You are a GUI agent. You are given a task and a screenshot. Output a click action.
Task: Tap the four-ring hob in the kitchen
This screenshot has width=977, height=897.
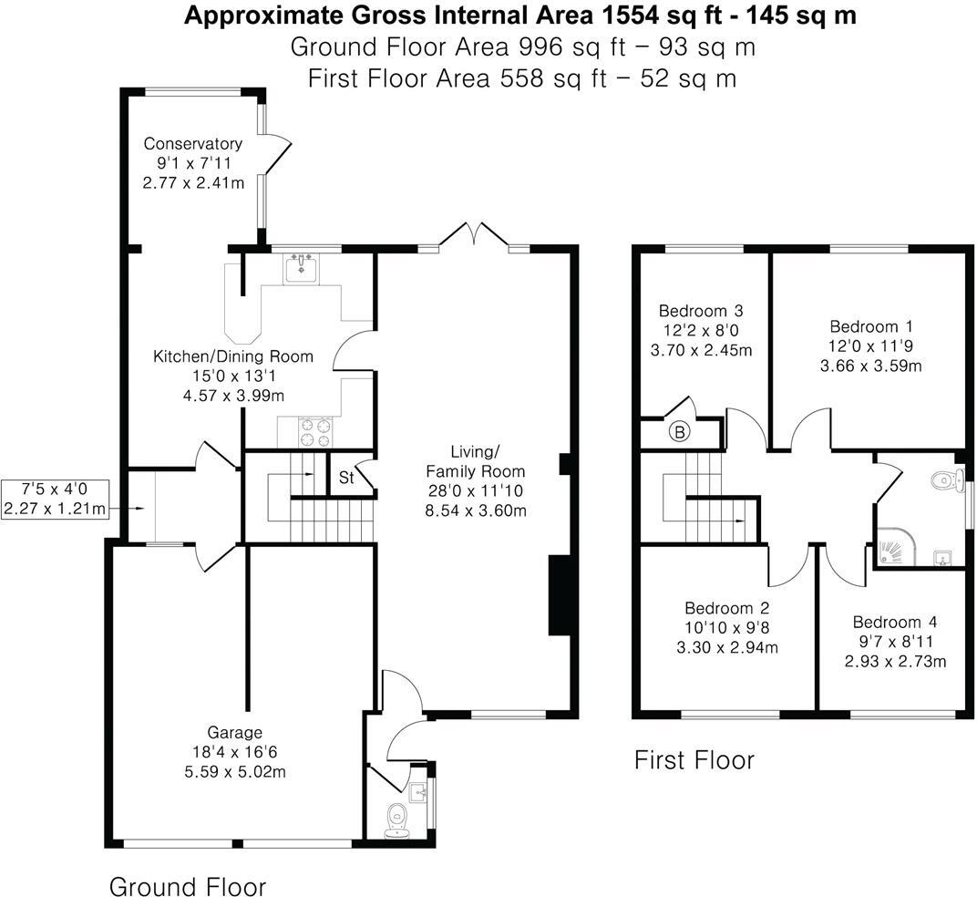click(314, 432)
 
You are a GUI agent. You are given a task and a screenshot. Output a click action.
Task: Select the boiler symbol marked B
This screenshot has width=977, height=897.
click(680, 432)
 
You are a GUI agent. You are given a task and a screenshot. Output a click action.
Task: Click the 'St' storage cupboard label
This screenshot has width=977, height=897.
click(346, 477)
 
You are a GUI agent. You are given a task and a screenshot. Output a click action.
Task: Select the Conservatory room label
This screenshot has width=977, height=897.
click(193, 144)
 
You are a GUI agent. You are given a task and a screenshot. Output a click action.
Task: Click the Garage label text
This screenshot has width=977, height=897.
click(234, 732)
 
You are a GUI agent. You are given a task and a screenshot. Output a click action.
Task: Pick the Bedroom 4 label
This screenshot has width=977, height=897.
click(894, 622)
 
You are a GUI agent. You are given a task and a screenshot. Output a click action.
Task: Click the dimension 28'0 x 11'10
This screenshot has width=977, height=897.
click(476, 491)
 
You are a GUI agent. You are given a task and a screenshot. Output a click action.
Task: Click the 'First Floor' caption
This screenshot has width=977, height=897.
click(694, 759)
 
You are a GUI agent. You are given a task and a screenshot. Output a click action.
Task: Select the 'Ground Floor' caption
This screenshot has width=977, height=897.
click(188, 886)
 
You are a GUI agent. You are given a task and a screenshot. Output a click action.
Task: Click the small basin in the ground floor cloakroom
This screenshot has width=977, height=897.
click(420, 791)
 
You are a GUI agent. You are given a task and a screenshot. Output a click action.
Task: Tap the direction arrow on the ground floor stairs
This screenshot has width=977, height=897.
click(306, 474)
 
